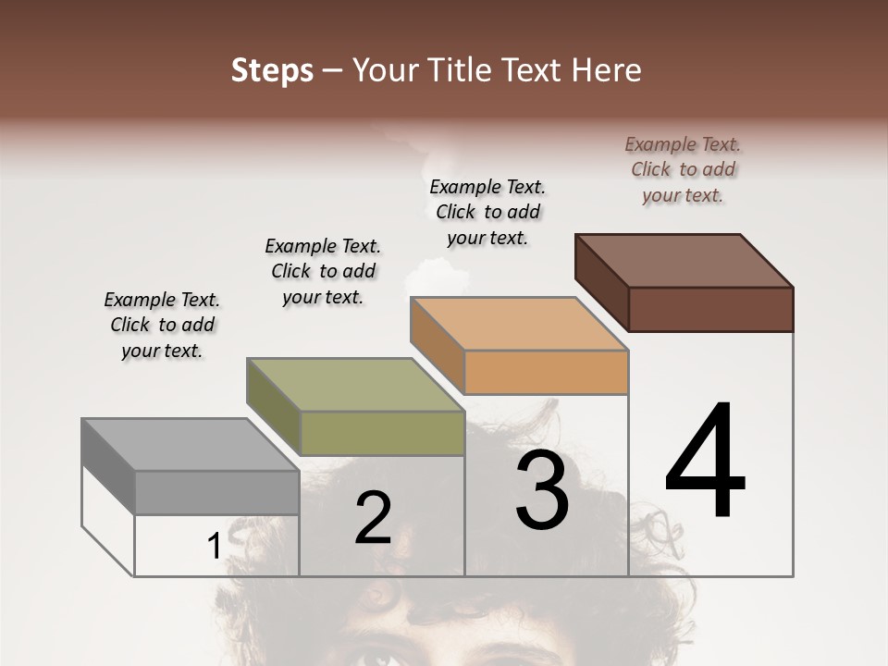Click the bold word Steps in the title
272,70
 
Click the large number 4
705,462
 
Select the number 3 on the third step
542,490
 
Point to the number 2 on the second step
374,518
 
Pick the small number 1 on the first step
214,547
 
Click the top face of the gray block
190,445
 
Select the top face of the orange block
519,324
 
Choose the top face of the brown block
684,261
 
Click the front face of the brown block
710,309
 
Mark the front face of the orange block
546,372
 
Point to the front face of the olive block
382,433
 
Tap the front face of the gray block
217,492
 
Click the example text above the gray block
162,325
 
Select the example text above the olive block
323,271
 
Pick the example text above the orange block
487,212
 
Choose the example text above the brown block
683,169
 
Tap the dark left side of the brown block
601,282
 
